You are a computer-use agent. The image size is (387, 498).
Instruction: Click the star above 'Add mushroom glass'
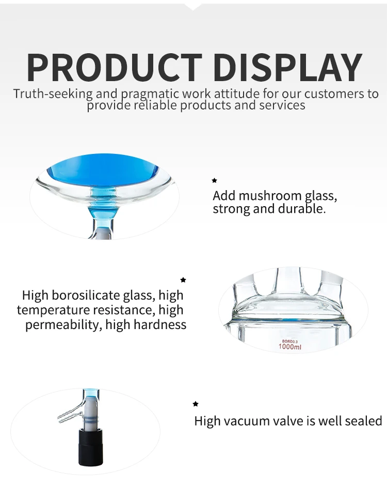coord(215,181)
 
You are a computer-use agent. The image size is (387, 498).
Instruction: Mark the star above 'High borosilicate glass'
coord(183,280)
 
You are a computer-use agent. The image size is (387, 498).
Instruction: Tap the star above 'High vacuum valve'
coord(196,404)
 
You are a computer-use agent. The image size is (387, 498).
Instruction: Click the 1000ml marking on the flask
coord(289,347)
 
